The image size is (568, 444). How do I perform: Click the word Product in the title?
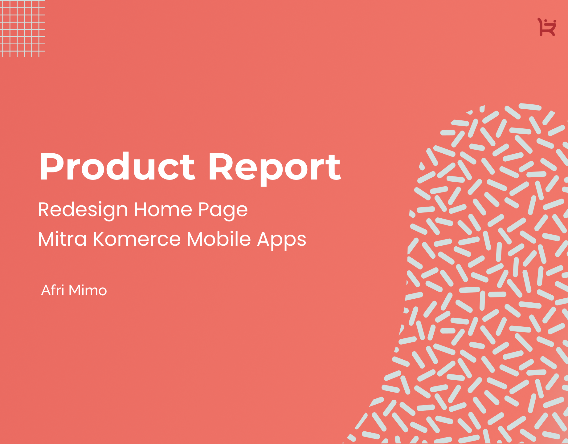[117, 166]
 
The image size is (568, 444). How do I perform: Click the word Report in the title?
[275, 169]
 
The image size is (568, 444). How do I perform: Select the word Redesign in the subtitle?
[83, 210]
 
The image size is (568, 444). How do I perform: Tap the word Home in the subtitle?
[163, 209]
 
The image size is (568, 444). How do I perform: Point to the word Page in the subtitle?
[223, 210]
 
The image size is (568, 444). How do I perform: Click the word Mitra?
[62, 239]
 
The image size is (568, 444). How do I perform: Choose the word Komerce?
[137, 239]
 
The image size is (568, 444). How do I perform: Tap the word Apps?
[282, 240]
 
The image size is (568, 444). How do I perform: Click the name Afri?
[52, 290]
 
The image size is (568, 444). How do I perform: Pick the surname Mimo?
[88, 290]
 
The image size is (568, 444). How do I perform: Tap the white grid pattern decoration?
[22, 28]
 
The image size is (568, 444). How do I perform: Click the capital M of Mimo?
[75, 290]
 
